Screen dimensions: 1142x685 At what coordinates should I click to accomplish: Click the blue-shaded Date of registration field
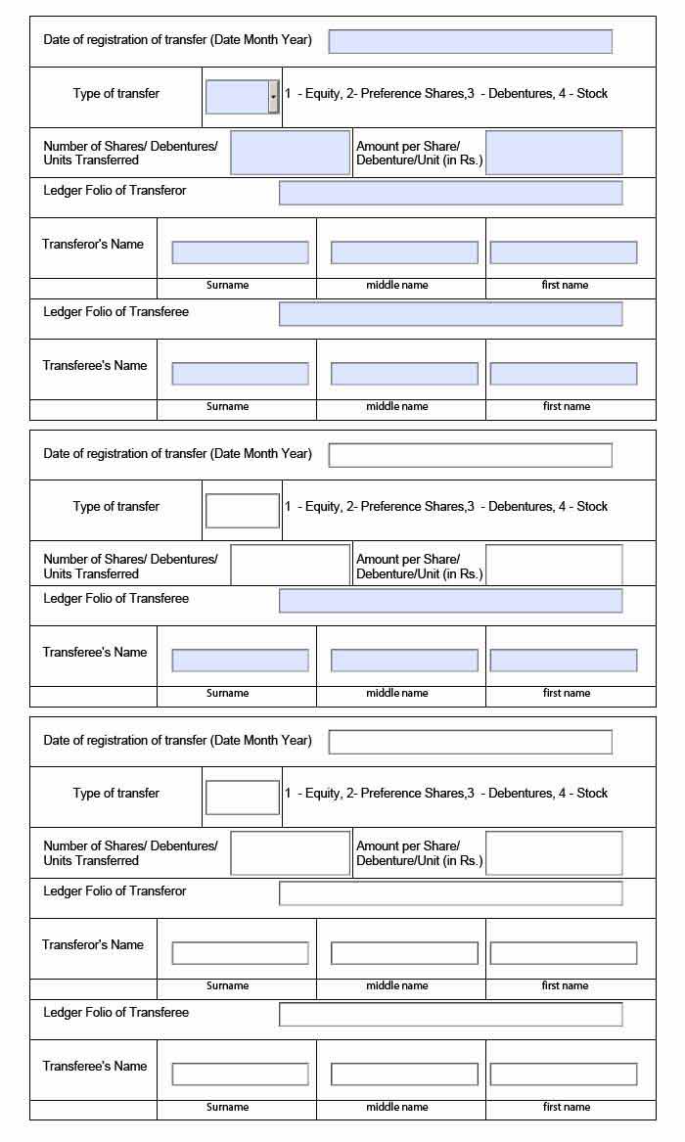[470, 41]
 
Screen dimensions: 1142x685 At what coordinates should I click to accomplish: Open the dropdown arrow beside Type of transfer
[273, 97]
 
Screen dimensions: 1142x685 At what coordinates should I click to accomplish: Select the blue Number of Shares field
[290, 153]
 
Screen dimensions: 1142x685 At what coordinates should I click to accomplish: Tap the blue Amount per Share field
[554, 153]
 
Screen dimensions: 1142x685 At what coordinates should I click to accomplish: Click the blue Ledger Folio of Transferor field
[450, 193]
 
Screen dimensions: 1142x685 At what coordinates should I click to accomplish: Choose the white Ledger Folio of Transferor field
[450, 893]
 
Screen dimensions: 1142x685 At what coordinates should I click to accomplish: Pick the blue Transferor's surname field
[240, 252]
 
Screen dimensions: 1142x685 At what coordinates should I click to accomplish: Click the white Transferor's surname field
[240, 953]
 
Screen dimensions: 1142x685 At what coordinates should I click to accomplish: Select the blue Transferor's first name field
[563, 252]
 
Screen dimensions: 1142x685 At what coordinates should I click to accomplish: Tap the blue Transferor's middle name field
[404, 252]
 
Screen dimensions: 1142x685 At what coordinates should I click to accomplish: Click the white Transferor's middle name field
[404, 953]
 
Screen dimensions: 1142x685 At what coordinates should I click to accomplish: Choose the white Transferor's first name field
[563, 953]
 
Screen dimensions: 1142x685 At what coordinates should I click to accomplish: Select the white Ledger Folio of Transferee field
[450, 1015]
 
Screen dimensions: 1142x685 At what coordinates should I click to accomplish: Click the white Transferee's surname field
[240, 1074]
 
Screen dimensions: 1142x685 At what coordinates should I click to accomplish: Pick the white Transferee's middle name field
[404, 1074]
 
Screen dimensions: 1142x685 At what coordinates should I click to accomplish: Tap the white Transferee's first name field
[563, 1074]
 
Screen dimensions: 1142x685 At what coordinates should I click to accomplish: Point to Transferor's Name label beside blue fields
[93, 245]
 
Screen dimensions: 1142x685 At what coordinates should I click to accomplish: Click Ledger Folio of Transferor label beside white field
[114, 891]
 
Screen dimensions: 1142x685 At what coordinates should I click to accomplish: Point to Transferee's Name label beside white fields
[94, 1067]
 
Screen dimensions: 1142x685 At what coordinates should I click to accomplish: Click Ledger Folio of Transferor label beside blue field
[114, 191]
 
